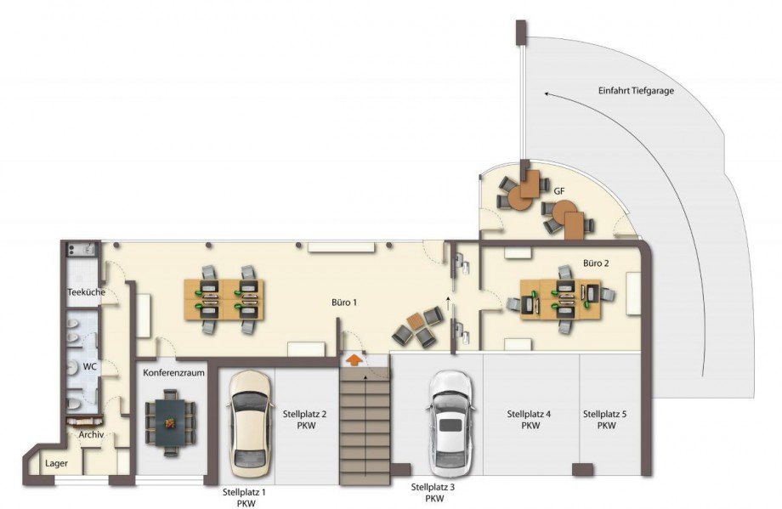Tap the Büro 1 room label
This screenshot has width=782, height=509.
pyautogui.click(x=344, y=303)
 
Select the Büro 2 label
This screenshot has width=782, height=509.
pyautogui.click(x=596, y=263)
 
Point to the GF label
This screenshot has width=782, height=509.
pyautogui.click(x=559, y=191)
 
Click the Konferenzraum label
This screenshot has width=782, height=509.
pyautogui.click(x=173, y=372)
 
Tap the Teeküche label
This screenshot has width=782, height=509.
pyautogui.click(x=87, y=292)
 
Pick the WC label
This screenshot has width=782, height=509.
pyautogui.click(x=90, y=367)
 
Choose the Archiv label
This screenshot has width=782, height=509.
pyautogui.click(x=91, y=435)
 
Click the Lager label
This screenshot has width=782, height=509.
pyautogui.click(x=56, y=464)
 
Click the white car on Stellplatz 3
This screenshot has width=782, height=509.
pyautogui.click(x=451, y=424)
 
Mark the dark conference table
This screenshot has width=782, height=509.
pyautogui.click(x=170, y=423)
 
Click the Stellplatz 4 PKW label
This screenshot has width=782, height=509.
pyautogui.click(x=530, y=420)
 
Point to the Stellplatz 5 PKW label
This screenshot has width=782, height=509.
pyautogui.click(x=605, y=419)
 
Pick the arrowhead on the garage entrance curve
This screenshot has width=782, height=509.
pyautogui.click(x=547, y=93)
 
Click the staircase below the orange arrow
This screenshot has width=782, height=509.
pyautogui.click(x=365, y=427)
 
